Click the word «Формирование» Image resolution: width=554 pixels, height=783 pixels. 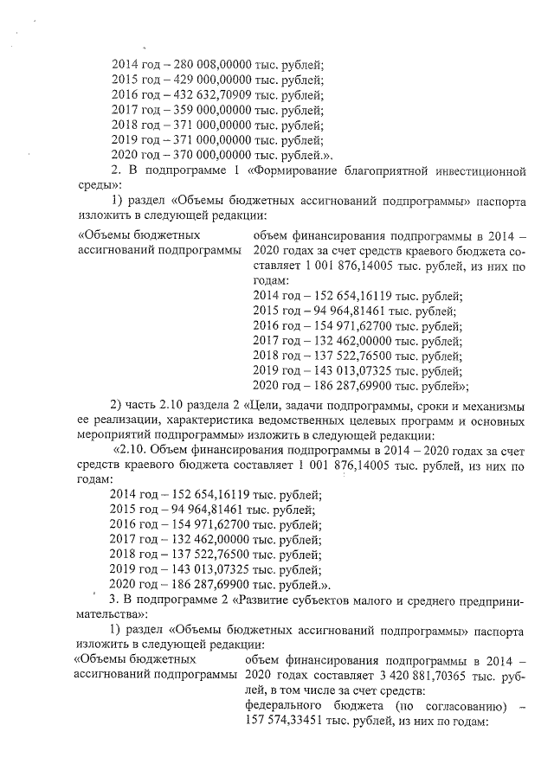point(293,170)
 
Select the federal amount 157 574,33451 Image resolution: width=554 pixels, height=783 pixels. point(293,722)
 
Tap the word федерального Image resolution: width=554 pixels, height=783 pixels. point(288,707)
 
